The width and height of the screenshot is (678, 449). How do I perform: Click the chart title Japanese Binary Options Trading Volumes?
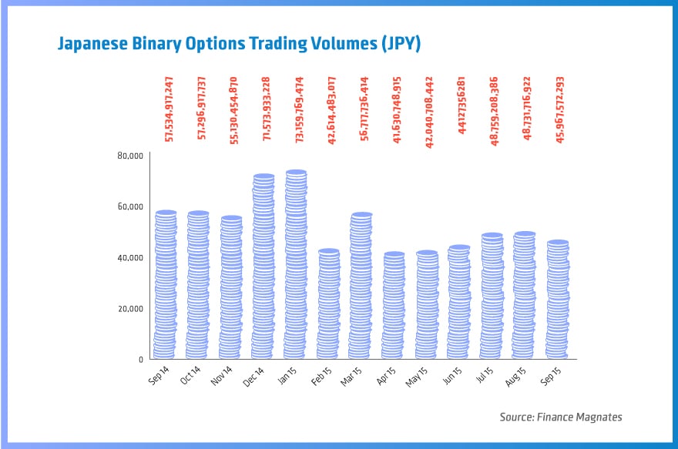pyautogui.click(x=239, y=44)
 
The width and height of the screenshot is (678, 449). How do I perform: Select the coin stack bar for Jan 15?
pyautogui.click(x=296, y=265)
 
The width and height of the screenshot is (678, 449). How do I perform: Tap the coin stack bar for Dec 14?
pyautogui.click(x=263, y=267)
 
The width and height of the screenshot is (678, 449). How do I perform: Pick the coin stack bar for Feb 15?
pyautogui.click(x=329, y=304)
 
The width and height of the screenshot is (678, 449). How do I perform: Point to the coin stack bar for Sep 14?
pyautogui.click(x=166, y=285)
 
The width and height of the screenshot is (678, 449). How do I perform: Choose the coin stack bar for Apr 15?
pyautogui.click(x=394, y=306)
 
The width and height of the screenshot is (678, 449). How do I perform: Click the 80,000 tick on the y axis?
pyautogui.click(x=131, y=156)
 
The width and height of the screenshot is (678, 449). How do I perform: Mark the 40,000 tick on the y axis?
pyautogui.click(x=131, y=257)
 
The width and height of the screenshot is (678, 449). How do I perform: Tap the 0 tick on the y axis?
pyautogui.click(x=140, y=360)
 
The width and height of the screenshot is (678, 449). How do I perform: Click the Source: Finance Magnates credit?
pyautogui.click(x=560, y=417)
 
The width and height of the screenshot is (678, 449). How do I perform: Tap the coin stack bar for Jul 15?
pyautogui.click(x=492, y=297)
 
